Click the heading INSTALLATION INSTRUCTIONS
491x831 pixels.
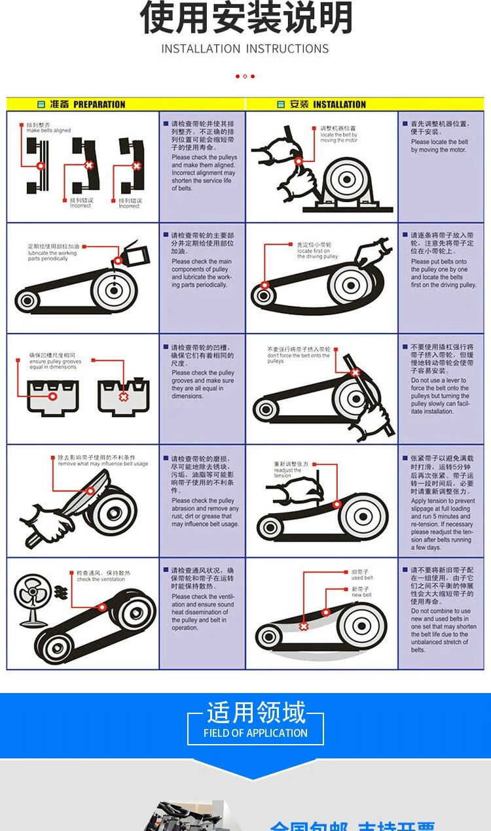(245, 49)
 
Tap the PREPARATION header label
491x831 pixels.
(98, 105)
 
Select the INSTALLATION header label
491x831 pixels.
(339, 105)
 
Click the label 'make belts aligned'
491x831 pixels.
(48, 130)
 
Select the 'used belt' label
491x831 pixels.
(362, 578)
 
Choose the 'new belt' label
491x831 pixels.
(361, 595)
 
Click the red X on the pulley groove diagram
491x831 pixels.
(122, 396)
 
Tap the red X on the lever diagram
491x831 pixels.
(355, 373)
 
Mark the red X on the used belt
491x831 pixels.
(304, 626)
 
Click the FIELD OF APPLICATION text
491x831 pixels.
(255, 733)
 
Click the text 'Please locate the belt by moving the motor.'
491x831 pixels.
(439, 146)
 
